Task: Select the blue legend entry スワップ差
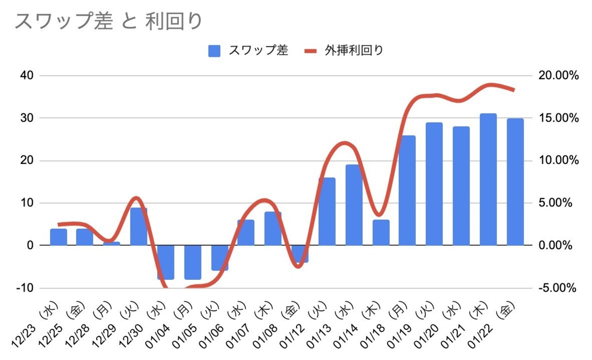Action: point(249,50)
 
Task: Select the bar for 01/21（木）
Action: point(488,180)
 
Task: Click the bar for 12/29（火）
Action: point(139,226)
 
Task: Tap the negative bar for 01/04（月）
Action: point(193,262)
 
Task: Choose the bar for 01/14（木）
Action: point(381,232)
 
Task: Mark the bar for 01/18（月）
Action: point(407,190)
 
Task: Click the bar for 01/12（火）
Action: point(327,211)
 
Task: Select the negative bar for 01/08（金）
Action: point(300,254)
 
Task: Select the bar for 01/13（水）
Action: point(354,205)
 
